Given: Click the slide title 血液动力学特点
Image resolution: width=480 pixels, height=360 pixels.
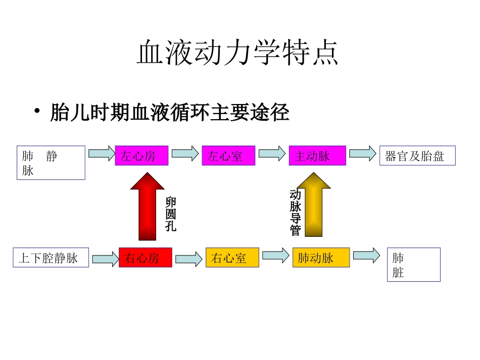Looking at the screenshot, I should click(x=237, y=53).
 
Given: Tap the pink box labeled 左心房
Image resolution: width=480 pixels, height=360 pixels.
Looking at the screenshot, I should click(x=141, y=156).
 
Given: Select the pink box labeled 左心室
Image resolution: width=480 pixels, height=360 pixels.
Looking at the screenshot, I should click(x=228, y=156).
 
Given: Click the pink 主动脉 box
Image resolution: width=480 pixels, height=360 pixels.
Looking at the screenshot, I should click(x=317, y=156).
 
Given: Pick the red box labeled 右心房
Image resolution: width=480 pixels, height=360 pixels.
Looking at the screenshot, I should click(x=145, y=258).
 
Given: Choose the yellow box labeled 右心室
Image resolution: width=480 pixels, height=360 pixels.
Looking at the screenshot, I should click(x=232, y=258).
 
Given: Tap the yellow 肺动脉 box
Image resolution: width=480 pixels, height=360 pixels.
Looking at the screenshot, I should click(x=321, y=258).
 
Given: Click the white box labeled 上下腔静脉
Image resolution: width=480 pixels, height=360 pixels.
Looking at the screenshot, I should click(x=51, y=258).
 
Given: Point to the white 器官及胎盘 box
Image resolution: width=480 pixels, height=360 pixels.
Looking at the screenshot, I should click(x=417, y=156).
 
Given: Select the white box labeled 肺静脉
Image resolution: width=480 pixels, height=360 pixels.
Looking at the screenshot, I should click(x=51, y=163).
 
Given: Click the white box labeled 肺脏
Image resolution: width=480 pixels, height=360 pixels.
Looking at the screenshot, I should click(x=413, y=265).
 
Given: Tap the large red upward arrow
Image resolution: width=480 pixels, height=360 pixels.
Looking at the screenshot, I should click(x=147, y=207).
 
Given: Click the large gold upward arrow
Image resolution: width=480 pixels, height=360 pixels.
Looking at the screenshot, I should click(x=314, y=204).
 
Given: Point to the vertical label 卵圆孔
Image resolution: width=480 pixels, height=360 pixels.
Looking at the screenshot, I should click(x=171, y=215).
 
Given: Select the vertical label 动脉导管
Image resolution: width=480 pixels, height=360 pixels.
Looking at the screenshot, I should click(x=296, y=212).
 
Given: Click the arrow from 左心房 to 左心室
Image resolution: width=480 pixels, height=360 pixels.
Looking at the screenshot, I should click(x=185, y=153).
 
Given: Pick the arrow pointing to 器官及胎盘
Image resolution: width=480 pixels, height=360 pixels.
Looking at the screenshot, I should click(x=362, y=153).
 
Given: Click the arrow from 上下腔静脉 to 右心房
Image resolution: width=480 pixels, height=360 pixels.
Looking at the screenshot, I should click(x=105, y=259).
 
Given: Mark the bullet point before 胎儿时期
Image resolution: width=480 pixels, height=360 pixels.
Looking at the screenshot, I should click(x=37, y=112).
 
